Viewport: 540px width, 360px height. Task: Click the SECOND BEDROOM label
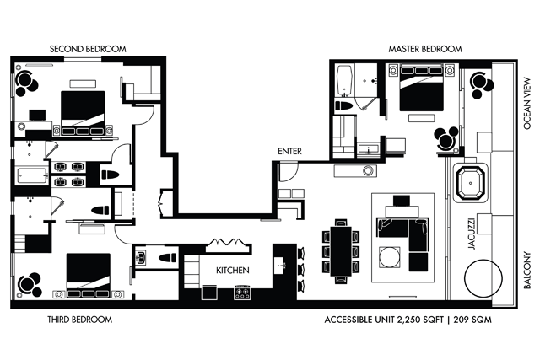tap(88, 49)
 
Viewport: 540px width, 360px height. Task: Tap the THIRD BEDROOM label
tap(80, 320)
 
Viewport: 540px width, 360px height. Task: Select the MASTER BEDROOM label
tap(425, 49)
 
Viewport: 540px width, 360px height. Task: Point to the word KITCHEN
tap(233, 270)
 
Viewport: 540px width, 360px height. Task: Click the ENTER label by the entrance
tap(289, 151)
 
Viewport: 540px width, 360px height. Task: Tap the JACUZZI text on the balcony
tap(472, 234)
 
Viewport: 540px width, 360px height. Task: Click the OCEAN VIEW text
tap(527, 104)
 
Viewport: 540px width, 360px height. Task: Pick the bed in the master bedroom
tap(421, 88)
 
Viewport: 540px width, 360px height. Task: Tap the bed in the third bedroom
tap(89, 276)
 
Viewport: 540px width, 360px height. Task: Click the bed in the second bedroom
tap(83, 113)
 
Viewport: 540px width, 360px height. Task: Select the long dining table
tap(341, 251)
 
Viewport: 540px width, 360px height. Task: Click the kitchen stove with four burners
tap(242, 292)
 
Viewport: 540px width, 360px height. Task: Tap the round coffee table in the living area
tap(390, 257)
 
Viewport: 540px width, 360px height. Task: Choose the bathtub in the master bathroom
tap(344, 81)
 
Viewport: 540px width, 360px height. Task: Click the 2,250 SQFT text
tap(420, 320)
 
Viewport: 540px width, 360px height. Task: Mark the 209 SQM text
tap(472, 320)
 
